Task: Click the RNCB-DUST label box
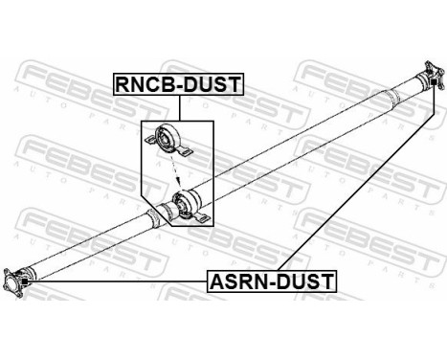coord(179,83)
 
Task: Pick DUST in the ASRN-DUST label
coord(305,281)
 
